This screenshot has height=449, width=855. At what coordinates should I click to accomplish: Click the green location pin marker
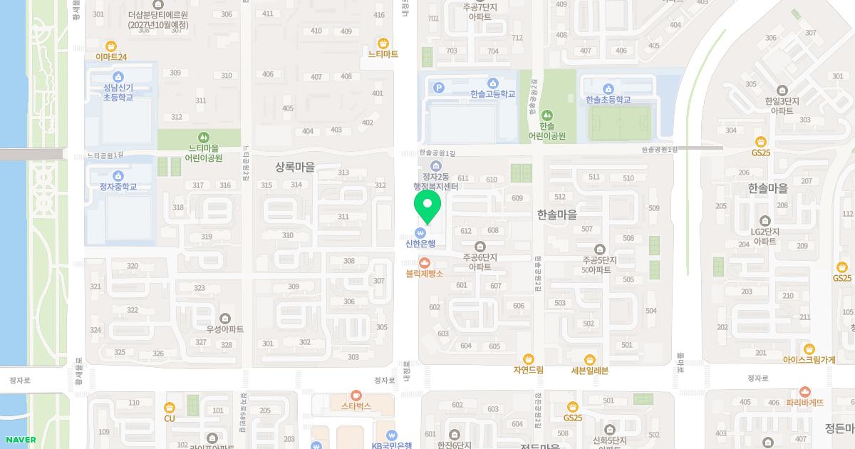[x=427, y=207]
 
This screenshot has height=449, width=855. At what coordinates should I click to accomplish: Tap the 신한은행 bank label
[x=420, y=244]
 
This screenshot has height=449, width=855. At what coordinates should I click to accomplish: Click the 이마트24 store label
[x=110, y=57]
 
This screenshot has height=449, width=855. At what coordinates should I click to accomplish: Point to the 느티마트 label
[x=383, y=54]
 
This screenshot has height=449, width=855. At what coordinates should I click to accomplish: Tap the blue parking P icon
[x=439, y=88]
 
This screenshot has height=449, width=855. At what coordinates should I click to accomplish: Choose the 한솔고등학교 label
[x=492, y=94]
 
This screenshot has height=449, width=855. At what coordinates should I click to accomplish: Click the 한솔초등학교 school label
[x=608, y=100]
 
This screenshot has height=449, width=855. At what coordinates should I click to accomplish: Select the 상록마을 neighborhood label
[x=294, y=167]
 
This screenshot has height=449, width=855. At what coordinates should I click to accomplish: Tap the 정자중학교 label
[x=118, y=187]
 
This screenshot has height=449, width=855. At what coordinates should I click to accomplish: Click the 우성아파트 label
[x=224, y=329]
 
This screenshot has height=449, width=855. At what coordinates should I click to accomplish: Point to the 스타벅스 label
[x=356, y=406]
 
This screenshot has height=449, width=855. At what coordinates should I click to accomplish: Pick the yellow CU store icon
[x=169, y=408]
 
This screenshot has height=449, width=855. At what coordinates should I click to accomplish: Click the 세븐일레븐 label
[x=589, y=371]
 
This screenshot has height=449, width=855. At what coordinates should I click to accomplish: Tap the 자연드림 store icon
[x=528, y=359]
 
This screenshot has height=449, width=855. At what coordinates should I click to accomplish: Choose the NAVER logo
[x=21, y=440]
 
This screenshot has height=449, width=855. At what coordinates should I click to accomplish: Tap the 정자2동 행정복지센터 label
[x=436, y=182]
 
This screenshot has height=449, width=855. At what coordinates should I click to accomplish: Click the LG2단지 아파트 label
[x=765, y=237]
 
